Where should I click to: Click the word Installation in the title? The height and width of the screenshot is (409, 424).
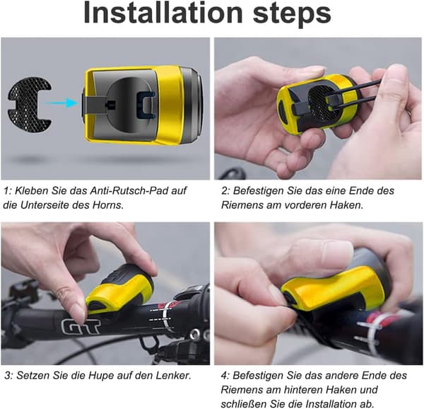pos(163,13)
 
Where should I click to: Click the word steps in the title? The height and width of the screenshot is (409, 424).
pos(292,14)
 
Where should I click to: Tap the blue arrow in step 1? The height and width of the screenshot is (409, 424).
pos(61,103)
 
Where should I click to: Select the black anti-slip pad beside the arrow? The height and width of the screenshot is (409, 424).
pos(29,103)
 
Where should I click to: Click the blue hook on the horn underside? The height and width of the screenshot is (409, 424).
pos(146,105)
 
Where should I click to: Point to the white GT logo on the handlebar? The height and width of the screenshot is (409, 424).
pos(81,326)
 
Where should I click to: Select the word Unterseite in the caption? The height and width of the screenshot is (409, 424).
pos(45,205)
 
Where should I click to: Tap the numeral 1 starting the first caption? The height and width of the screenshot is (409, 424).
pos(6,191)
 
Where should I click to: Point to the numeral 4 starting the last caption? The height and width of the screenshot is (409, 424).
pos(224,376)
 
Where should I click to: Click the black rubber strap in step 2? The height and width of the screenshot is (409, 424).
pos(354,91)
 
